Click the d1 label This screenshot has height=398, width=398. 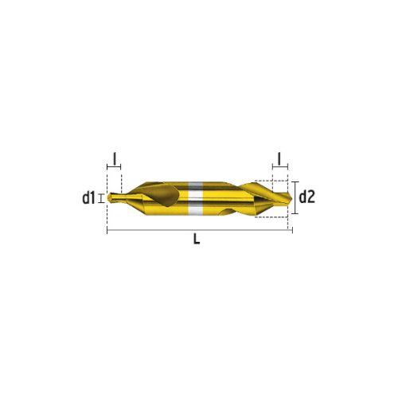pos(88,198)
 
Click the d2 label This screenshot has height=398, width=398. pos(307,197)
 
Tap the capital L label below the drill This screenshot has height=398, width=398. pos(197,239)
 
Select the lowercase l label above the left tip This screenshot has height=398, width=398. pos(115,158)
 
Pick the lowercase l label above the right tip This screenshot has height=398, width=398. pos(279,158)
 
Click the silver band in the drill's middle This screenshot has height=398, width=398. pos(196,198)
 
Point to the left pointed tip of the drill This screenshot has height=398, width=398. pos(107,197)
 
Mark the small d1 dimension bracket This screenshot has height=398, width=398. pos(100,198)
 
